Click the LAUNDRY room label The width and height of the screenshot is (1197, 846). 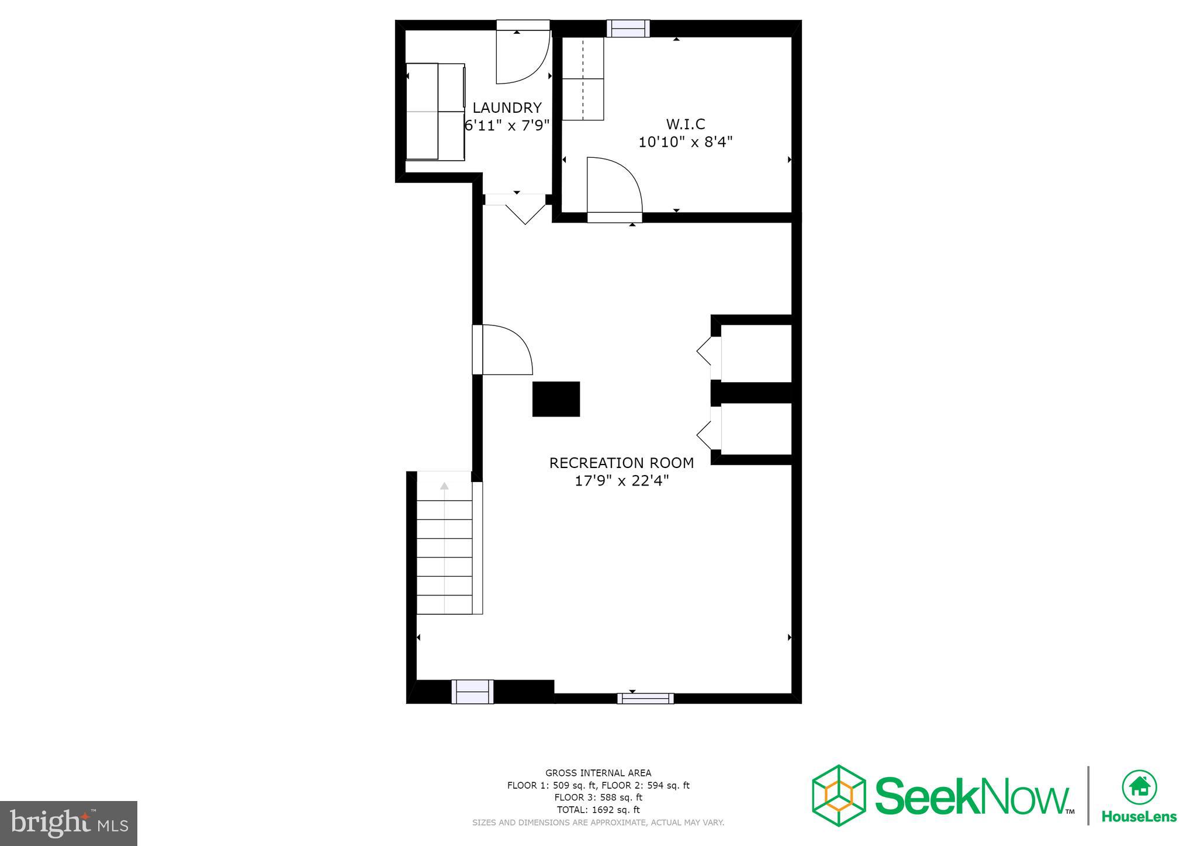point(507,108)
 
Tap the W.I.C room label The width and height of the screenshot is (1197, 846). point(686,124)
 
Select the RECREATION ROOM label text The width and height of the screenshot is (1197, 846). point(621,463)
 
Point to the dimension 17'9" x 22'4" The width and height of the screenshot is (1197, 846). point(621,481)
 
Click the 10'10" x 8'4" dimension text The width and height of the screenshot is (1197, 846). point(685,142)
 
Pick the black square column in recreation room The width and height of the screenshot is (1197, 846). point(556,399)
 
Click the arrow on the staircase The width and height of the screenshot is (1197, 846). point(444,486)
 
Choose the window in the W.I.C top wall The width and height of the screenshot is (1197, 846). point(628,28)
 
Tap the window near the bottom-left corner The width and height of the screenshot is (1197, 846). point(472,692)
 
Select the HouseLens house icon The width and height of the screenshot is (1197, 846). point(1139,786)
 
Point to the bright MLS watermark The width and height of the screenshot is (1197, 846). point(68,823)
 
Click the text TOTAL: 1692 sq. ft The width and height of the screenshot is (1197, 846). point(598,810)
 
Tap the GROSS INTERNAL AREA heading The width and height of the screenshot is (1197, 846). point(598,773)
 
